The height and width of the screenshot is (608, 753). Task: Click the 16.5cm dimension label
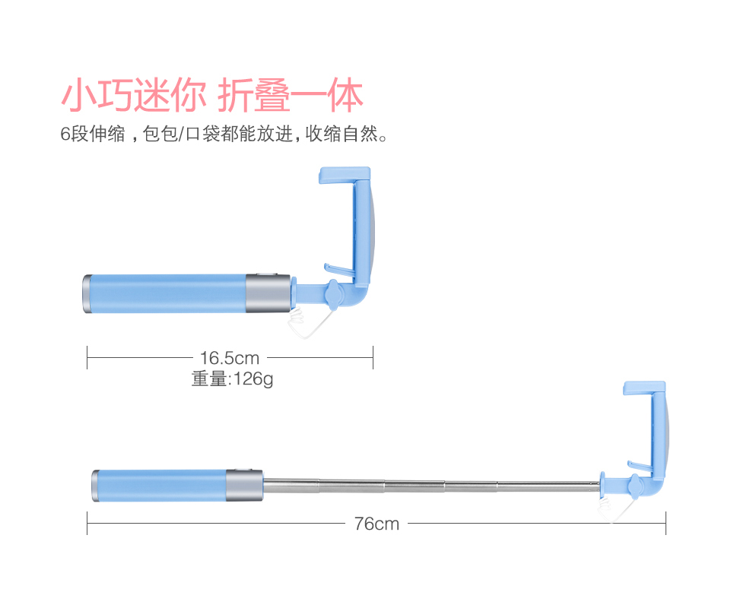pos(230,357)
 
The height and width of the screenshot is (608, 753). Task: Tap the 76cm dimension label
pos(376,524)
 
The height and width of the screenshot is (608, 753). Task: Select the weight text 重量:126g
pos(232,378)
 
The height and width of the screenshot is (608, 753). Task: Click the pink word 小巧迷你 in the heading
pos(133,97)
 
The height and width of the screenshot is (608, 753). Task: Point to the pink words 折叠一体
pos(291,97)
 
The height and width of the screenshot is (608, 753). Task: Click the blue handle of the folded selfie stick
pos(167,293)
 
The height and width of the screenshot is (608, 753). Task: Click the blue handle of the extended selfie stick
pos(160,485)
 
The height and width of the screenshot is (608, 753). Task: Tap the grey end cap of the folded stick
pos(87,293)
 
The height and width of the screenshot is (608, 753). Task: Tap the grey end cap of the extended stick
pos(96,485)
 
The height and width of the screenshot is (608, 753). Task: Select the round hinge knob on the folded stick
pos(332,292)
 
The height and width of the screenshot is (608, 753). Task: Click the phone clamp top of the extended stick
pos(644,388)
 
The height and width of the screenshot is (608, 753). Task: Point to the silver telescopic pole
pos(426,485)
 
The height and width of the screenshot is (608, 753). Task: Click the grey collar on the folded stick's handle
pos(268,293)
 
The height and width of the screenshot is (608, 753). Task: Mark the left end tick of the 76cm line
pos(87,523)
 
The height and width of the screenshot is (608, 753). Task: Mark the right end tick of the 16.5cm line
pos(373,357)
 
